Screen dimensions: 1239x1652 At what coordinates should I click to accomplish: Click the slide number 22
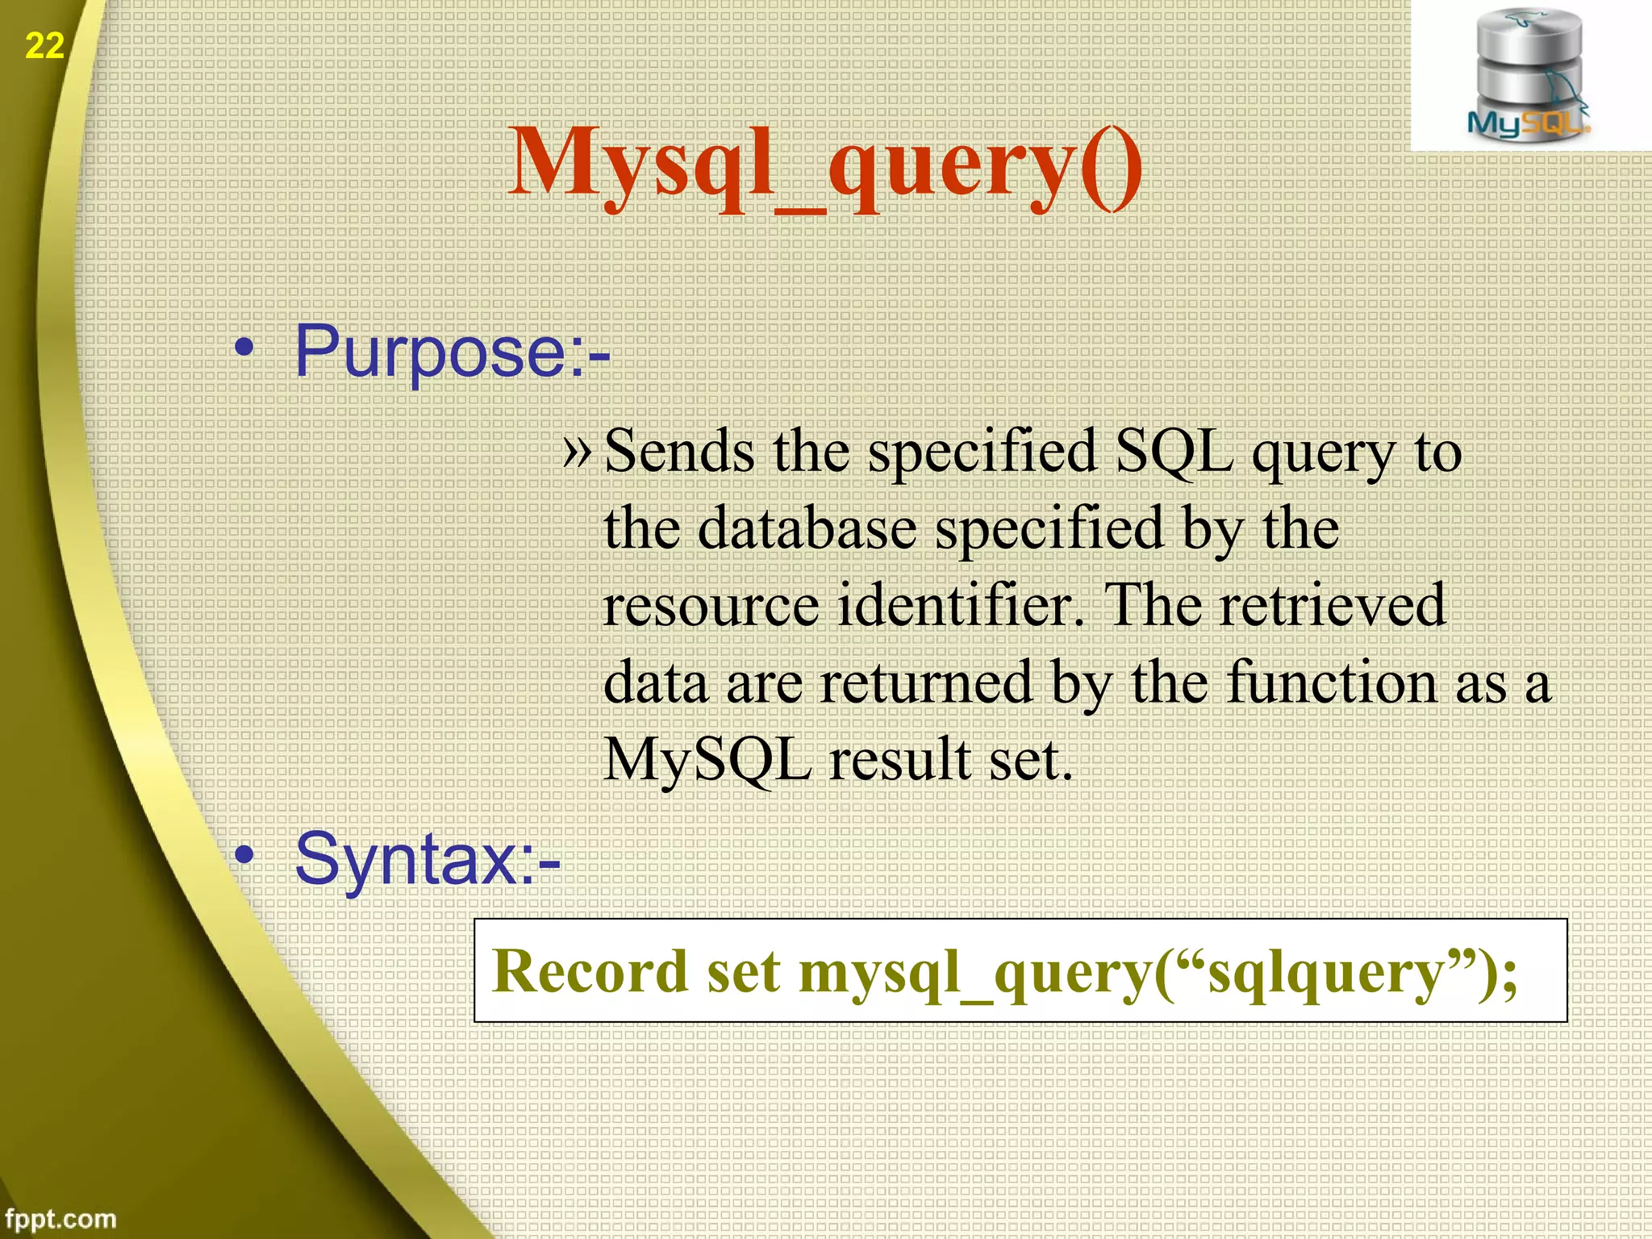(x=44, y=46)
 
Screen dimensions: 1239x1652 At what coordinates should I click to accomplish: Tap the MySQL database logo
(x=1528, y=77)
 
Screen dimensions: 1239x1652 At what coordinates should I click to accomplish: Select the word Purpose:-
(x=452, y=352)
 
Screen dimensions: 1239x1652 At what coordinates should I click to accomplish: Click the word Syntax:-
(x=427, y=859)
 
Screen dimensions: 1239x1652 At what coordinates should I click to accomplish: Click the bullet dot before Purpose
(x=244, y=348)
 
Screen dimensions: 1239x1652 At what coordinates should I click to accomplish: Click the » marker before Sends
(x=578, y=450)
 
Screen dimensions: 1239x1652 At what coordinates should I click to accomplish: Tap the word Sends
(x=679, y=452)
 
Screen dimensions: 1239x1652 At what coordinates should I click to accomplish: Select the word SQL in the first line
(x=1174, y=452)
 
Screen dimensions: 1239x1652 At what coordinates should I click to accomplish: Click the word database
(x=807, y=528)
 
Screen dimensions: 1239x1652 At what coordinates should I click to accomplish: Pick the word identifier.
(x=960, y=605)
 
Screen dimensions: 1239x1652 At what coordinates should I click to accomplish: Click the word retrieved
(x=1332, y=605)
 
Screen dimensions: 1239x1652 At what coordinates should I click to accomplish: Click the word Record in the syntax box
(x=590, y=972)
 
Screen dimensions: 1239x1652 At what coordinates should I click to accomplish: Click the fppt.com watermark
(x=60, y=1218)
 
